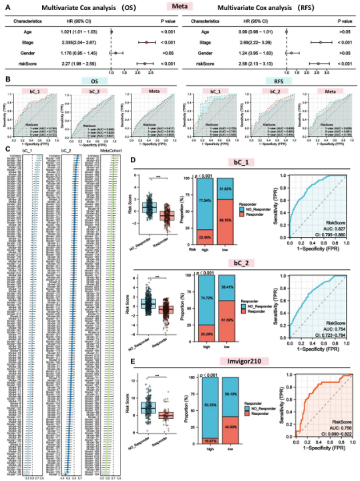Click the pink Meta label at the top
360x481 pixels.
coord(180,6)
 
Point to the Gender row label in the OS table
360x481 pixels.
coord(29,53)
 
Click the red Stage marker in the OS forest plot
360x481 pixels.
coord(146,43)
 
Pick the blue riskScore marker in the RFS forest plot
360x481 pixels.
coord(318,64)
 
